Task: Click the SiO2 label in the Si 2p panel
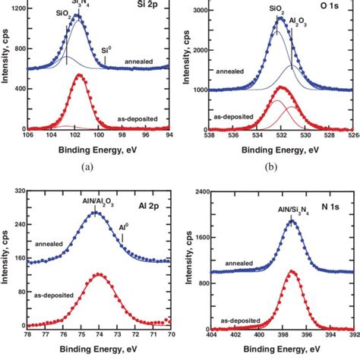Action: [x=67, y=14]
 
